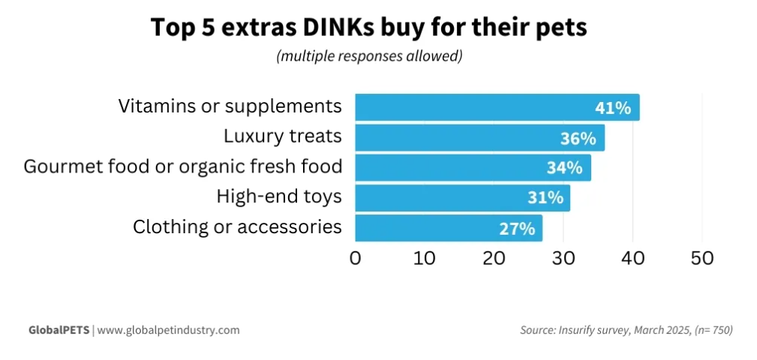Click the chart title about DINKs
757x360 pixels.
pyautogui.click(x=368, y=27)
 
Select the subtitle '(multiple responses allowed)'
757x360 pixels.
pyautogui.click(x=368, y=56)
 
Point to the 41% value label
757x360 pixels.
pyautogui.click(x=613, y=108)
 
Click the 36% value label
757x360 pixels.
pyautogui.click(x=578, y=139)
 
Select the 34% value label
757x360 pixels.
pyautogui.click(x=564, y=168)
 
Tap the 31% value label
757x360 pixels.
pyautogui.click(x=544, y=198)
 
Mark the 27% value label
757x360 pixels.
pyautogui.click(x=517, y=228)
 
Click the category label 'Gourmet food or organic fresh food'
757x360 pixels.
pyautogui.click(x=183, y=166)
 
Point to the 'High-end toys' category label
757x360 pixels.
pyautogui.click(x=279, y=197)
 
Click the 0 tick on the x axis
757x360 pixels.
pyautogui.click(x=356, y=258)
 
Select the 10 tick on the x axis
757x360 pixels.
pyautogui.click(x=425, y=258)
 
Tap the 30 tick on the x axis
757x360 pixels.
pyautogui.click(x=563, y=258)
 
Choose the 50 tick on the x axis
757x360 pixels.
pyautogui.click(x=702, y=258)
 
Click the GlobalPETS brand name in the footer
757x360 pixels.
pyautogui.click(x=59, y=330)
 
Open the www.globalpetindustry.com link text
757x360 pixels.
pyautogui.click(x=169, y=330)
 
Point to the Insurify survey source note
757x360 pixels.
pyautogui.click(x=626, y=330)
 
